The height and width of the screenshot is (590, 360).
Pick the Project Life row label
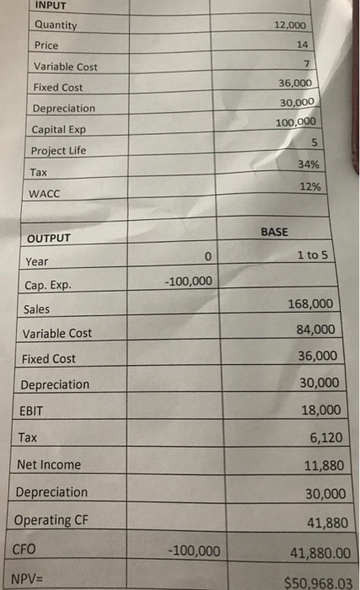pos(62,150)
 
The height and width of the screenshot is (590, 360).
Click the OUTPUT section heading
pos(47,239)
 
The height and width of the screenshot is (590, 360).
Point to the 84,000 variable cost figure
pos(316,330)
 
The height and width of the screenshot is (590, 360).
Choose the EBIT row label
pos(32,411)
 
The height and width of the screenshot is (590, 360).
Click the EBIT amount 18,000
pos(320,410)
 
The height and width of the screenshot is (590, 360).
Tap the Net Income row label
pos(49,464)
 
